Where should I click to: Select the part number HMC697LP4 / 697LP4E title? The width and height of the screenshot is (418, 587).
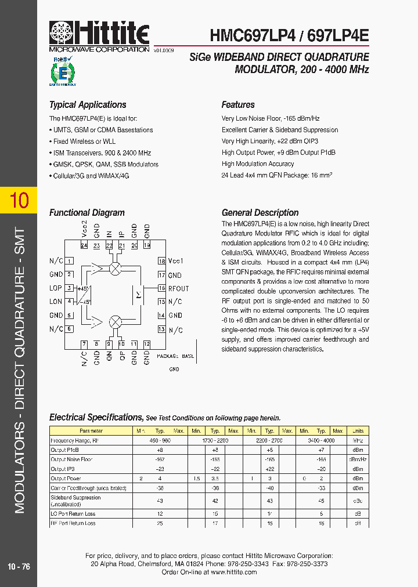pos(289,35)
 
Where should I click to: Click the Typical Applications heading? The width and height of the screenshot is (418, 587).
pos(88,105)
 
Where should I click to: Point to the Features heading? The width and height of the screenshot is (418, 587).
pos(238,105)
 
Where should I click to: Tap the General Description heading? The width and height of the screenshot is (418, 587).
pos(260,213)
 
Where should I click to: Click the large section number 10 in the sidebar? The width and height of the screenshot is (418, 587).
pos(19,200)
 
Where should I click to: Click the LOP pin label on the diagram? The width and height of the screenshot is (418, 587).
pos(56,288)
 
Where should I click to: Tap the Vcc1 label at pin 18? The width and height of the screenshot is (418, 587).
pos(175,261)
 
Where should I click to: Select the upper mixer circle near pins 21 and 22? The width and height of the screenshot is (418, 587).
pos(116,267)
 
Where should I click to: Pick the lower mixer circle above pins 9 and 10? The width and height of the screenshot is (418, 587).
pos(116,321)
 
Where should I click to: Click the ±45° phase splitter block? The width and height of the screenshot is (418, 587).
pos(84,294)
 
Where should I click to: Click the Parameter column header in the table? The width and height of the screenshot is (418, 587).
pos(92,431)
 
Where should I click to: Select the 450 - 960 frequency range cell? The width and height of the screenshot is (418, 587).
pos(160,441)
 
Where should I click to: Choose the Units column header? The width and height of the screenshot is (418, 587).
pos(358,431)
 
